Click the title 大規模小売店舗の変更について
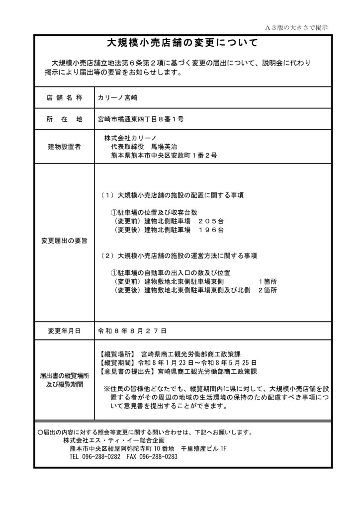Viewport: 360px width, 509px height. click(x=180, y=43)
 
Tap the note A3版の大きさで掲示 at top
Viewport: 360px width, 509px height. click(x=296, y=27)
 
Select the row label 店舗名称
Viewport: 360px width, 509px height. click(x=64, y=98)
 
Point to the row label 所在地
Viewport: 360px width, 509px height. click(x=64, y=119)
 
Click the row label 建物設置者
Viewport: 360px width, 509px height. click(x=64, y=147)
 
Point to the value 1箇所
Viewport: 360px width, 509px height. click(x=268, y=281)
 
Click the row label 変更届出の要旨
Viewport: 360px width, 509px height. click(x=64, y=241)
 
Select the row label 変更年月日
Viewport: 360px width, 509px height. click(x=64, y=330)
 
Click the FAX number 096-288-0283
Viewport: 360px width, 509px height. click(x=159, y=457)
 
